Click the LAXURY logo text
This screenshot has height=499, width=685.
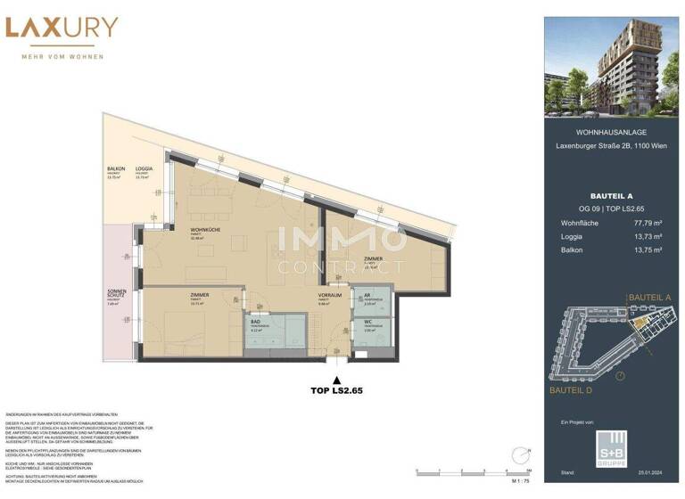click(x=62, y=28)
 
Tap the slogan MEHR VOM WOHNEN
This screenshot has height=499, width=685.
click(x=62, y=57)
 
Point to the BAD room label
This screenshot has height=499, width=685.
click(x=256, y=325)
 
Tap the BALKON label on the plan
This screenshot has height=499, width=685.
click(x=115, y=168)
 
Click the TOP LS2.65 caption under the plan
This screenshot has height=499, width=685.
click(x=335, y=390)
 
